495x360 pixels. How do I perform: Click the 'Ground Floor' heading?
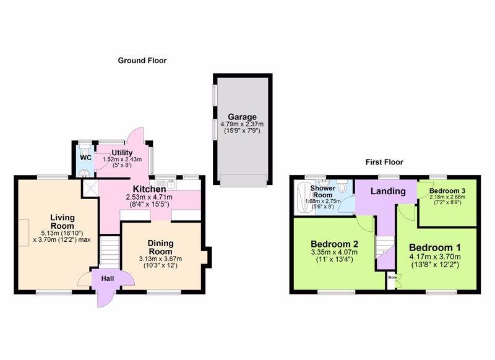142,61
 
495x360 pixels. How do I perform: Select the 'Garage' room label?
241,117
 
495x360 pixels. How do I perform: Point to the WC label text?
85,158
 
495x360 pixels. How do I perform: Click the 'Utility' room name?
122,152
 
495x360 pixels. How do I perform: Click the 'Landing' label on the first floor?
387,191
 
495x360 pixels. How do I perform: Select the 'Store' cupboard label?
392,278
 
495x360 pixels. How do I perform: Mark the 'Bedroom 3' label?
447,190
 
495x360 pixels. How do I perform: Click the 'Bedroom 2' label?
335,243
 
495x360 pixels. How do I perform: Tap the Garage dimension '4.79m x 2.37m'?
241,124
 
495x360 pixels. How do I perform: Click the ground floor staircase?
109,252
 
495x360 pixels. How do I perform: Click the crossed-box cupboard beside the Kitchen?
90,187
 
